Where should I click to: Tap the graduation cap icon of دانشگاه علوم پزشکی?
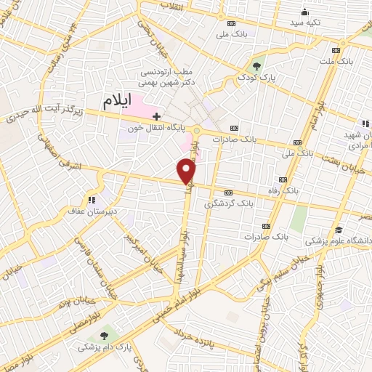click(x=338, y=230)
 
